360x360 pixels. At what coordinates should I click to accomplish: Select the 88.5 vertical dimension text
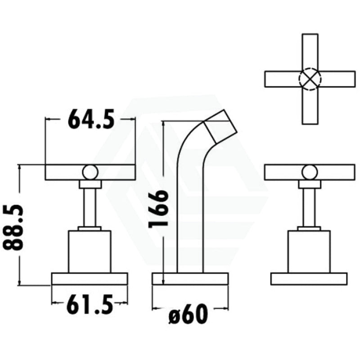(13, 228)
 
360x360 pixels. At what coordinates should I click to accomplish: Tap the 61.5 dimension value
(90, 304)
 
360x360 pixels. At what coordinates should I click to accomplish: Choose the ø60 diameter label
(188, 314)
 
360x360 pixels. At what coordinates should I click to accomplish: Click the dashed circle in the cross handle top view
(310, 79)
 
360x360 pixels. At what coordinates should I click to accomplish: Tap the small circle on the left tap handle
(90, 172)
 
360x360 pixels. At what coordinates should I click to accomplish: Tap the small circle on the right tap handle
(310, 172)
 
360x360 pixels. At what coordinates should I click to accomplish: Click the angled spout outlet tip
(221, 127)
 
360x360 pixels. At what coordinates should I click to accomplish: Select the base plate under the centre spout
(190, 279)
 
